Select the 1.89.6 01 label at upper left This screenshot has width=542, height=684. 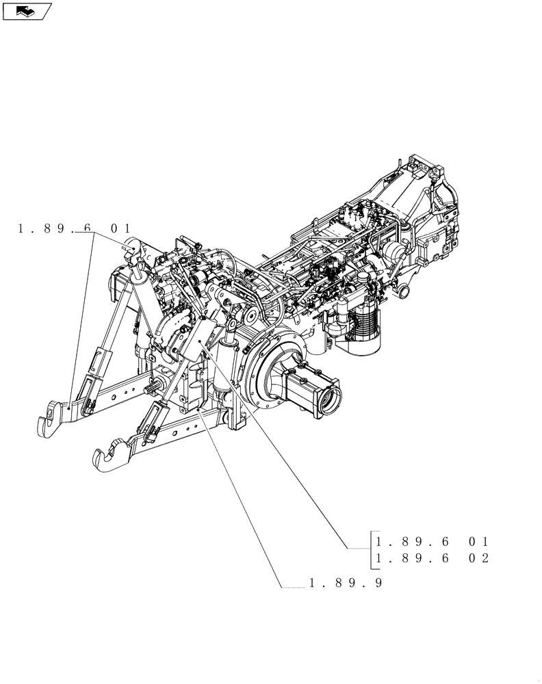(x=75, y=228)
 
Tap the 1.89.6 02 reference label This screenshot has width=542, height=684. (x=430, y=558)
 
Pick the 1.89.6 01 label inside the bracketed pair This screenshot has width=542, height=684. (x=430, y=540)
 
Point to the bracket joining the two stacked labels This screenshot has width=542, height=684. (x=370, y=549)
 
